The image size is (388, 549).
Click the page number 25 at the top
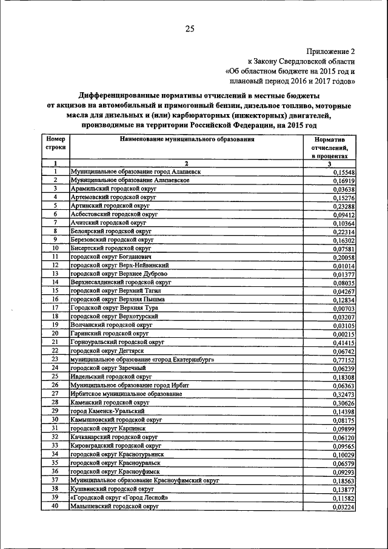[190, 29]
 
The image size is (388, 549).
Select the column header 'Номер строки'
[55, 143]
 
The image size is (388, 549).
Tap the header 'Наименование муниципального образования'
[187, 139]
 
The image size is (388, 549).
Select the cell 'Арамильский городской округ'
[113, 189]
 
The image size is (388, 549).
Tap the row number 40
[55, 505]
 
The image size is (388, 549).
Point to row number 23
[55, 359]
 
